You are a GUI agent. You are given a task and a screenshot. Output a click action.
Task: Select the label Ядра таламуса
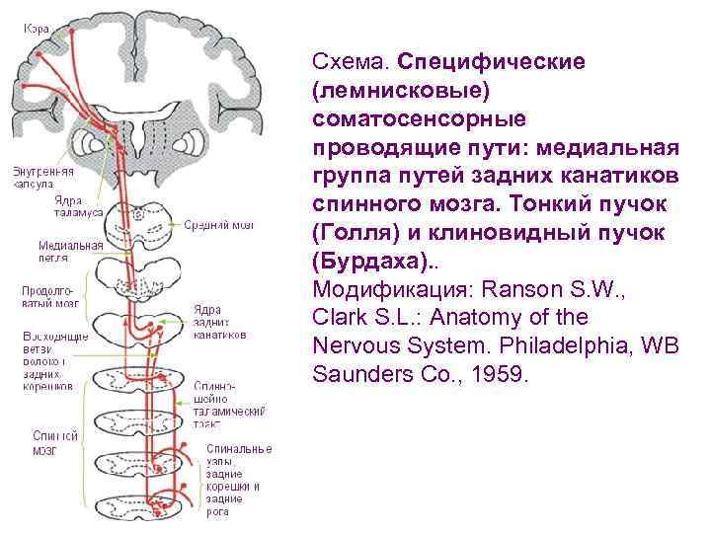tap(77, 206)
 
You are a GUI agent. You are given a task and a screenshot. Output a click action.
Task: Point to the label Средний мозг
tap(220, 225)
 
